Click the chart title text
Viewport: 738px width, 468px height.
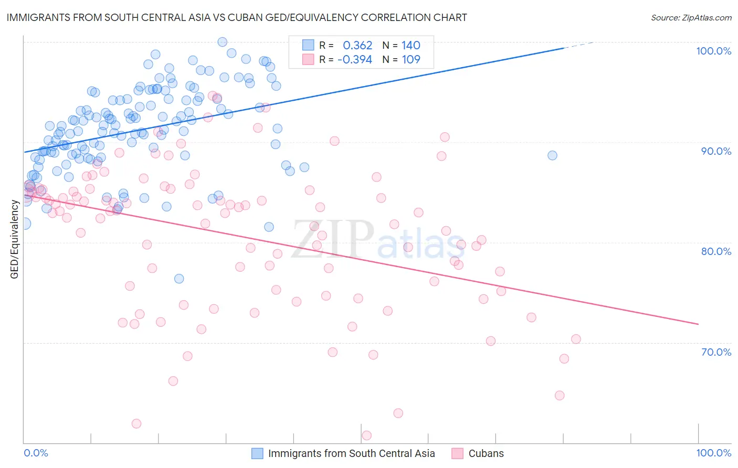coord(236,17)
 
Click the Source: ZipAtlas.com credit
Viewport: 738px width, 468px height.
coord(691,17)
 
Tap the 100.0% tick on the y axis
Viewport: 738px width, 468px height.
coord(713,51)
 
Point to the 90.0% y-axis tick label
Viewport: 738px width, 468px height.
coord(716,151)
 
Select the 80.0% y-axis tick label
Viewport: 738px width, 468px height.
coord(716,251)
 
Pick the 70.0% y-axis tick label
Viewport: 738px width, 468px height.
coord(716,352)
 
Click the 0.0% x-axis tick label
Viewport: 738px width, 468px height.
coord(36,453)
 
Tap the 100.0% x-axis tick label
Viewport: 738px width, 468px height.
coord(713,453)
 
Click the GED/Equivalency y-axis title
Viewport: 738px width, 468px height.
coord(15,239)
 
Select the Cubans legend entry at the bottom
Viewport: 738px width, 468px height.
coord(486,453)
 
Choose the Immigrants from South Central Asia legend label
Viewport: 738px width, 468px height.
coord(351,453)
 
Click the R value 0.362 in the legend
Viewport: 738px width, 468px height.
coord(357,46)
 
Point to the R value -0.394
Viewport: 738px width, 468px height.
coord(355,59)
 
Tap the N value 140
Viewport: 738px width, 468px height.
coord(411,46)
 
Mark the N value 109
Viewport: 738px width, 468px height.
coord(411,59)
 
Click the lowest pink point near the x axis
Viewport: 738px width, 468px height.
coord(366,435)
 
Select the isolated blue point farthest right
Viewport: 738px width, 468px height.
coord(552,155)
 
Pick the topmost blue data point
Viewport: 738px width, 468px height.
coord(222,42)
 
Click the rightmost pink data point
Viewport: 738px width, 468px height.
coord(576,339)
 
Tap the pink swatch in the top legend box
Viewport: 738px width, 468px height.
coord(308,59)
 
